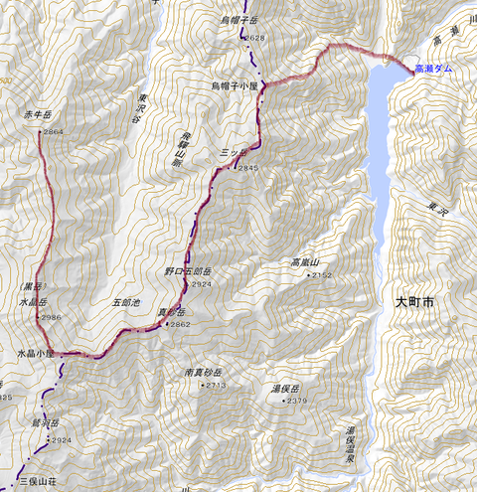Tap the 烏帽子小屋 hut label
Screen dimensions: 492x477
tap(236, 85)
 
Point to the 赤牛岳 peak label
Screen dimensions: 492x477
tap(36, 116)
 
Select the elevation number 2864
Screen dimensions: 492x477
tap(54, 131)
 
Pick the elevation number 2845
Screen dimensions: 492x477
tap(247, 168)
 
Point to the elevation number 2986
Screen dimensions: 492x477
tap(52, 317)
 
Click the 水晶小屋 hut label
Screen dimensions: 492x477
tap(36, 353)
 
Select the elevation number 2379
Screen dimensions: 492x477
tap(296, 401)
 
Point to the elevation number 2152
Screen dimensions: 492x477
tap(320, 275)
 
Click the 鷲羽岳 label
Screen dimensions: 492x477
tap(47, 422)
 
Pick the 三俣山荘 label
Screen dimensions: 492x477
tap(37, 479)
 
